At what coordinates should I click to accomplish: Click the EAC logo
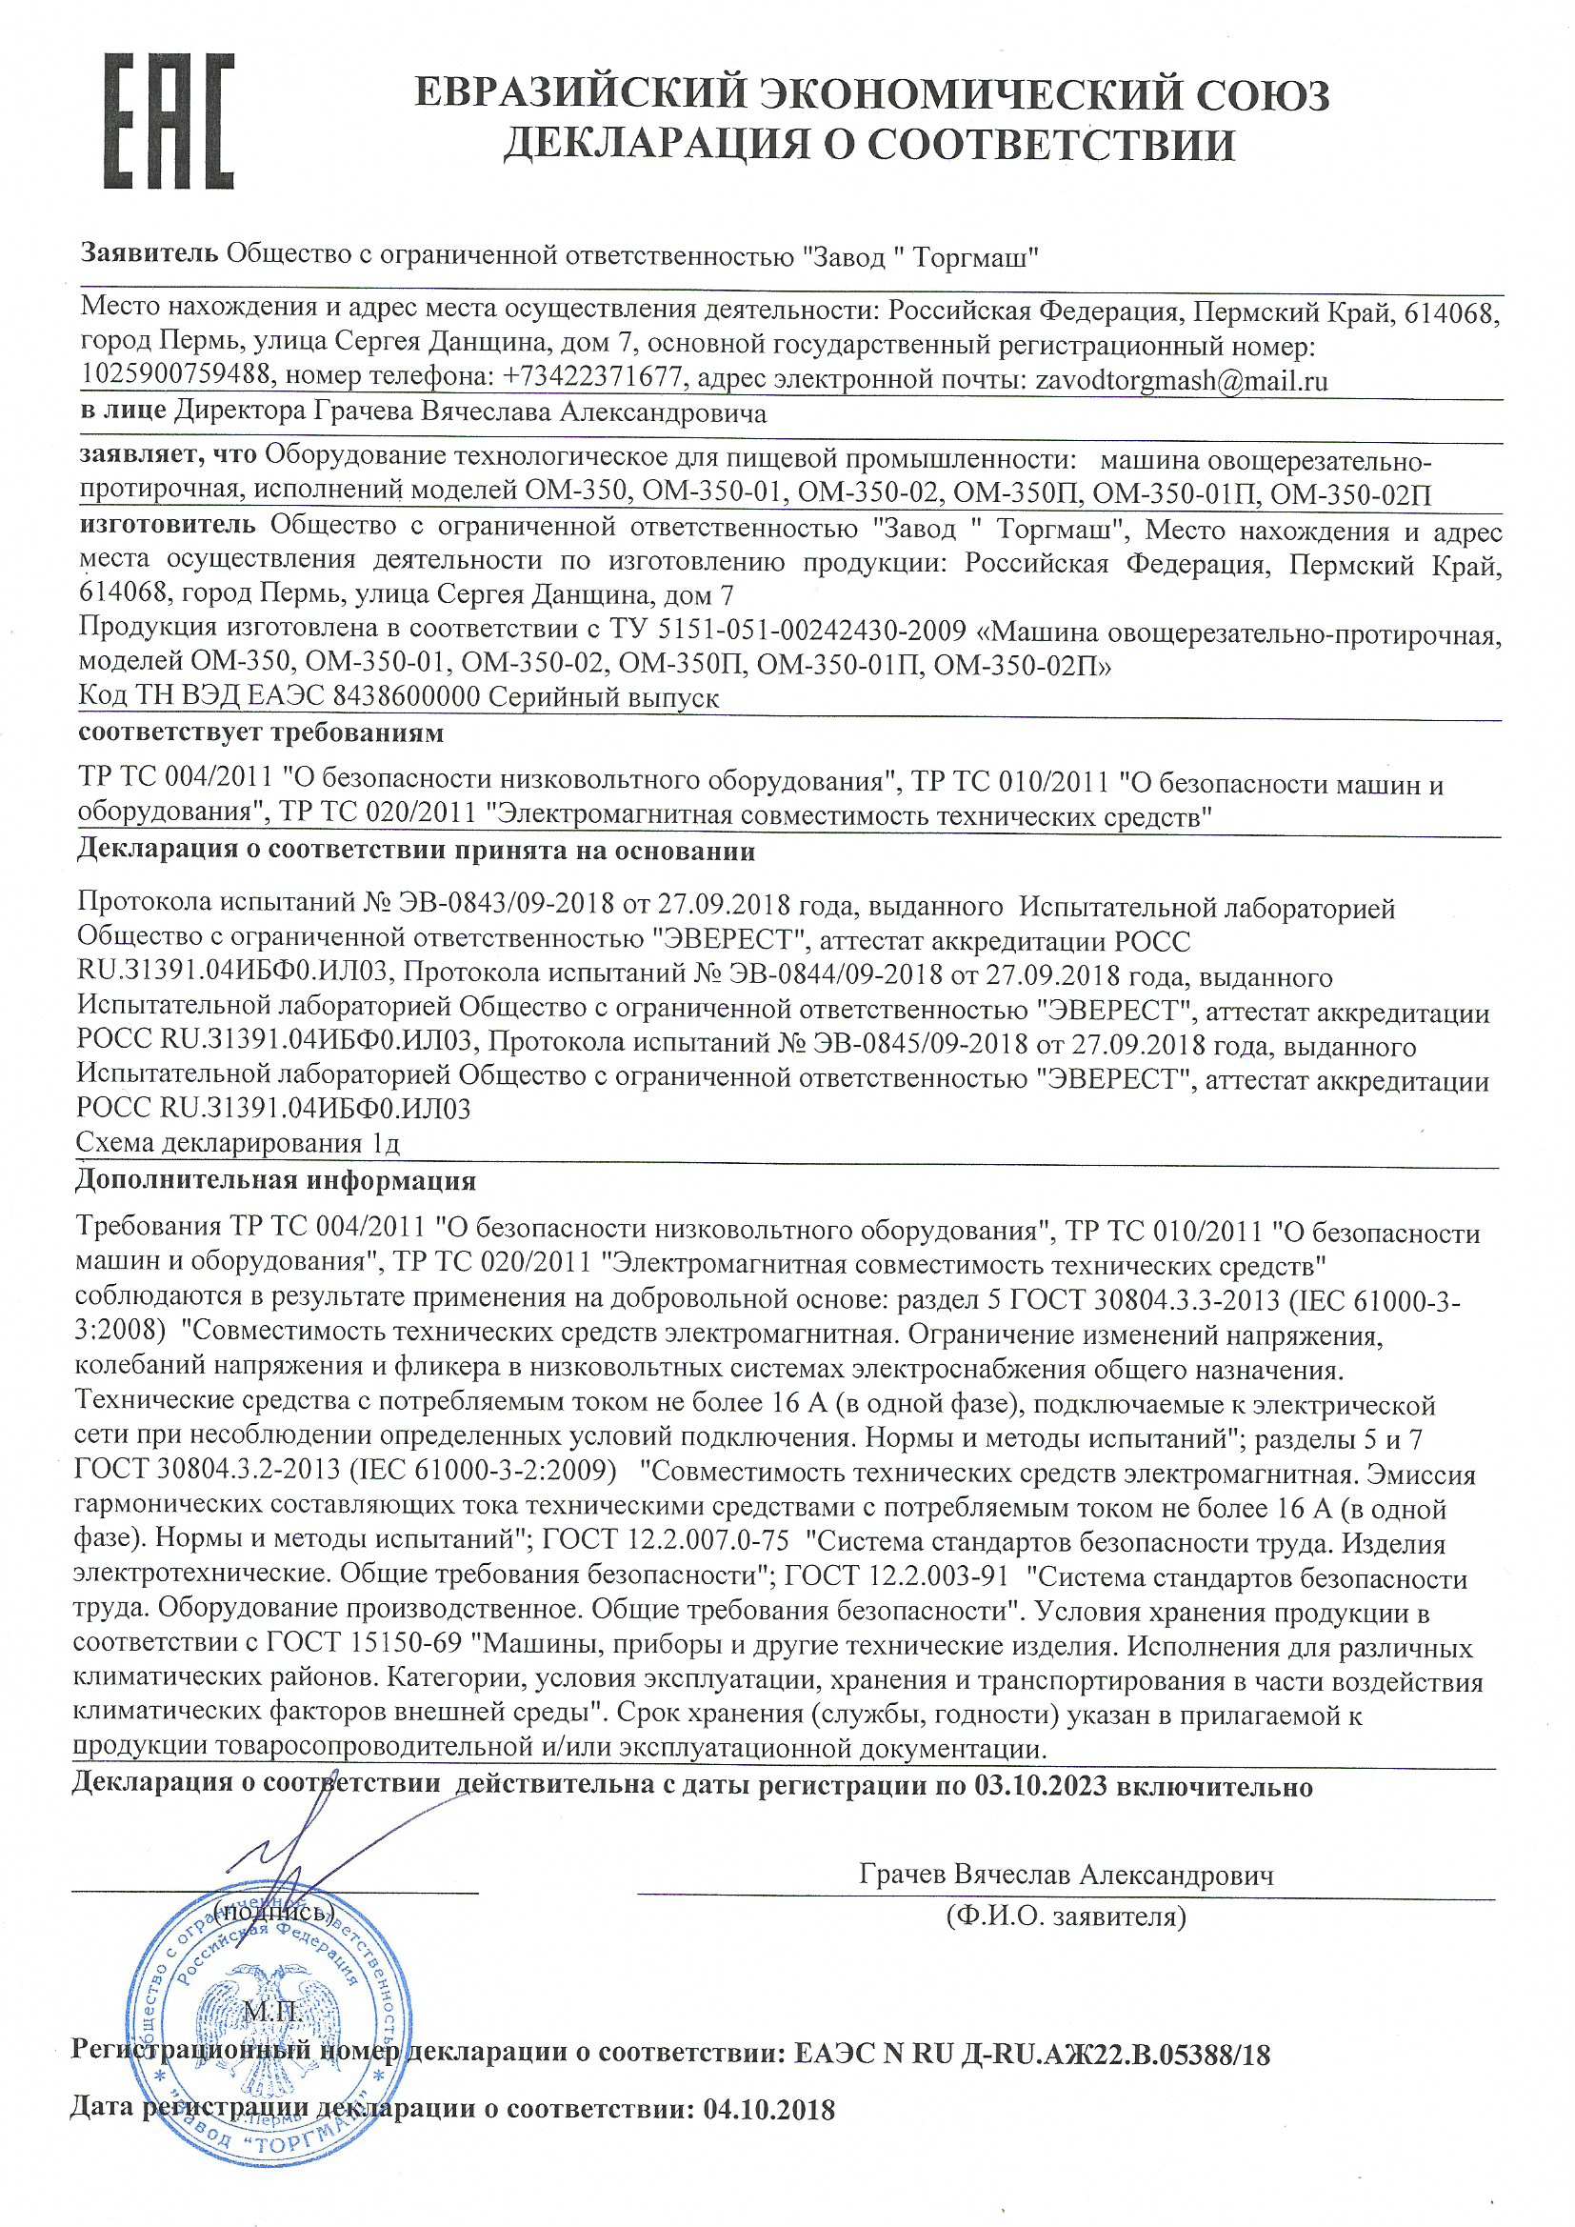pyautogui.click(x=169, y=121)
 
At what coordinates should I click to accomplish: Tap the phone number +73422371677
pyautogui.click(x=592, y=379)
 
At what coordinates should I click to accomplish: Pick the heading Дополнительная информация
pyautogui.click(x=275, y=1181)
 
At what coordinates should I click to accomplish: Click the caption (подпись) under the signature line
pyautogui.click(x=274, y=1912)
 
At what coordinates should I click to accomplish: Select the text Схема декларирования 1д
pyautogui.click(x=238, y=1144)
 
